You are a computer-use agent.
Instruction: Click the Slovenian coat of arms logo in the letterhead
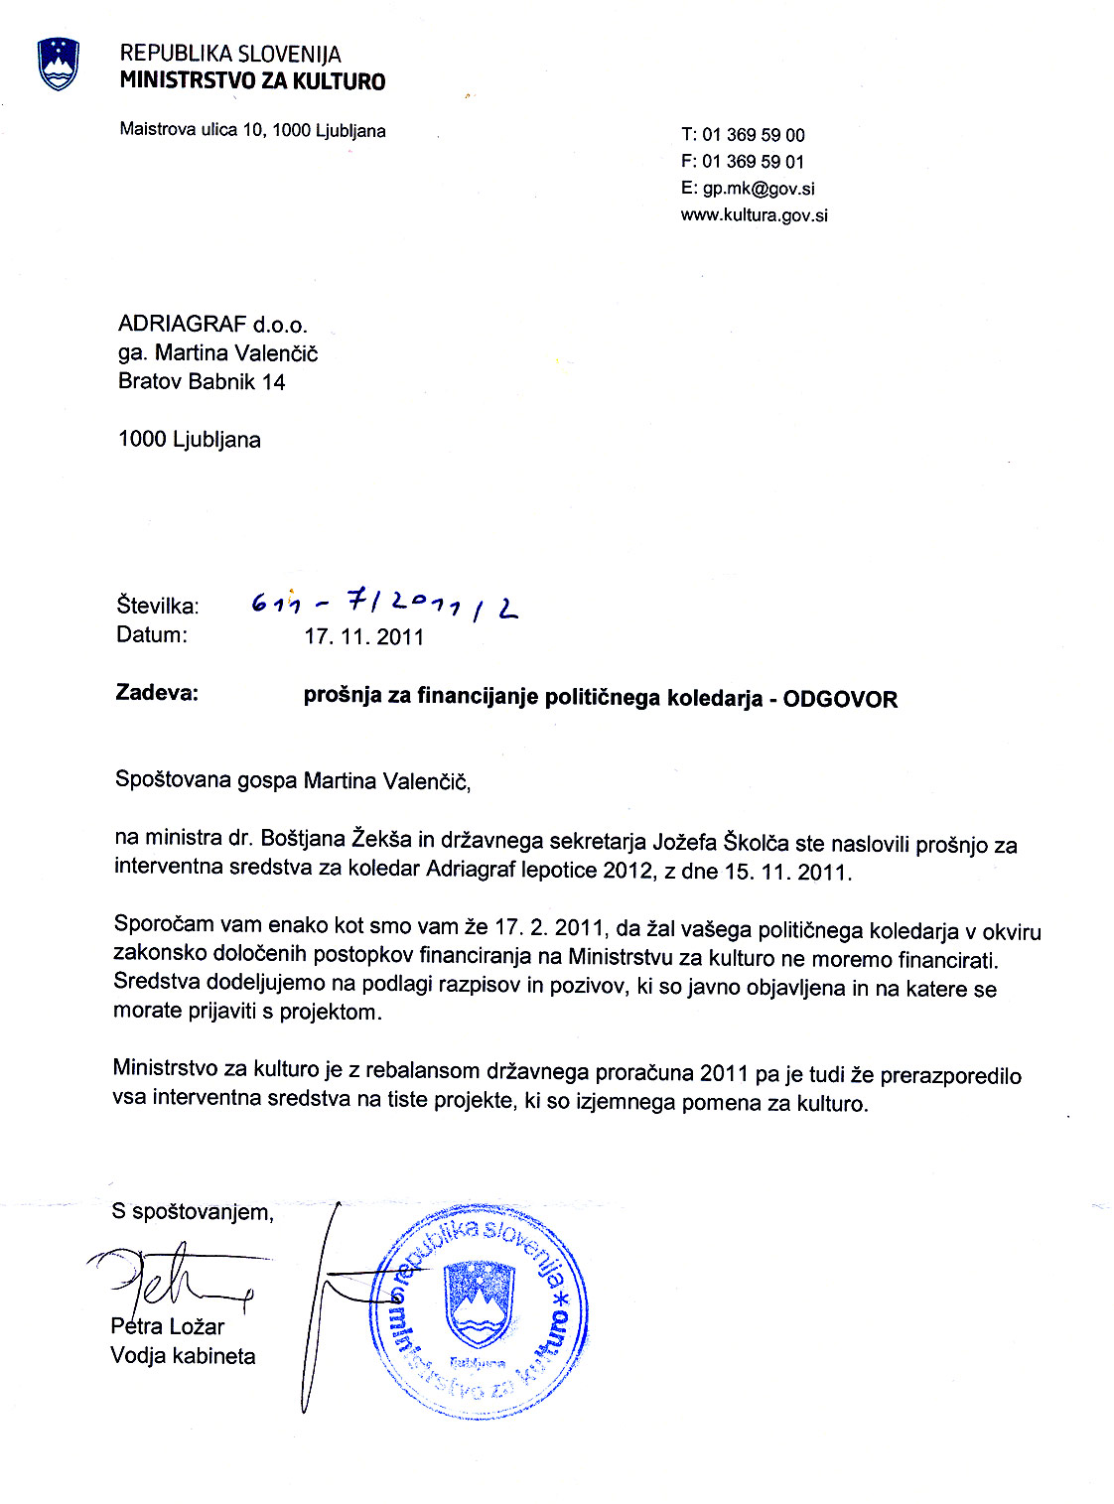coord(58,64)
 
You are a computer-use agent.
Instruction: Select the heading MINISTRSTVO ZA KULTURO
coord(252,81)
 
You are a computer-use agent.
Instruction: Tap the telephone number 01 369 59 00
coord(754,135)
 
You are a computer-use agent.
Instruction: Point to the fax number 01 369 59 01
coord(754,162)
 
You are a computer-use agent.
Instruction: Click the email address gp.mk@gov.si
coord(759,189)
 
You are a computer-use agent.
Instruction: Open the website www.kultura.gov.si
coord(754,215)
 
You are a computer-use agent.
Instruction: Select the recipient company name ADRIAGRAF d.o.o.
coord(212,325)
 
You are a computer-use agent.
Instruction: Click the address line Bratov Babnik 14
coord(202,382)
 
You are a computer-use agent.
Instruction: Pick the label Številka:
coord(158,606)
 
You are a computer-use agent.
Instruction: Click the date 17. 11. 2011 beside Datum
coord(363,637)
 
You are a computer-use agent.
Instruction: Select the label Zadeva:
coord(157,693)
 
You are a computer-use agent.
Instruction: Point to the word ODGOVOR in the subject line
coord(840,700)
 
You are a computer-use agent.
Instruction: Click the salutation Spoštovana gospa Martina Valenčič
coord(293,781)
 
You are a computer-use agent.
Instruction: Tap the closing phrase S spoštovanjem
coord(193,1212)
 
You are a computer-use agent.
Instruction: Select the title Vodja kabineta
coord(183,1356)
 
